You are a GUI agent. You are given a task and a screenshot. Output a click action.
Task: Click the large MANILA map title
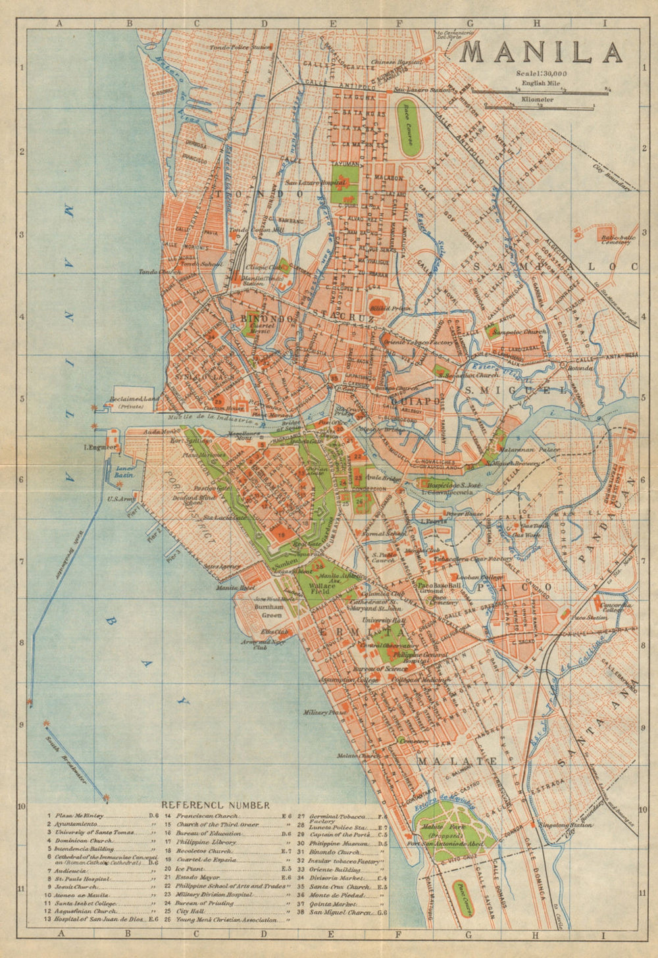click(x=541, y=52)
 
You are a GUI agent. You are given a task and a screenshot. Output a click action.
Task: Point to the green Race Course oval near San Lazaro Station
click(x=409, y=128)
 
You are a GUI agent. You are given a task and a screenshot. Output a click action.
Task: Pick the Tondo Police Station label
click(x=241, y=47)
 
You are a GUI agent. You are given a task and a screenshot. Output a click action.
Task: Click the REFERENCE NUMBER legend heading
click(x=215, y=805)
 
